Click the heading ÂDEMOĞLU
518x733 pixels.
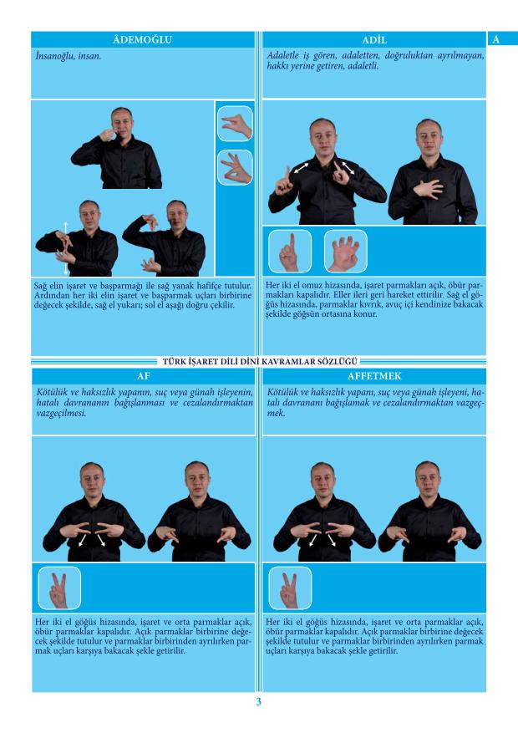pyautogui.click(x=143, y=40)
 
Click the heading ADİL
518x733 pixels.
pyautogui.click(x=374, y=40)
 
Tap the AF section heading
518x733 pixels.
pyautogui.click(x=144, y=376)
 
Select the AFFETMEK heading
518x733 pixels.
pyautogui.click(x=374, y=376)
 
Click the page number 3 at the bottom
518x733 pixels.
pyautogui.click(x=259, y=702)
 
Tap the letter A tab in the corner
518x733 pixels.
pyautogui.click(x=496, y=39)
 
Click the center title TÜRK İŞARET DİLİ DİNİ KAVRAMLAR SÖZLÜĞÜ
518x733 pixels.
pyautogui.click(x=260, y=361)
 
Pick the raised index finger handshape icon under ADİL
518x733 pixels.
pyautogui.click(x=290, y=252)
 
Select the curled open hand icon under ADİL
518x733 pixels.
pyautogui.click(x=346, y=252)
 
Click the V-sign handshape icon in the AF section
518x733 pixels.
pyautogui.click(x=59, y=588)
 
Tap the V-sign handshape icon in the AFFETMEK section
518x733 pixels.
pyautogui.click(x=290, y=588)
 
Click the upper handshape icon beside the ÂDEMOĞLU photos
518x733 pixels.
pyautogui.click(x=235, y=124)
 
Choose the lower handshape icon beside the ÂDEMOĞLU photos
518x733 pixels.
pyautogui.click(x=235, y=167)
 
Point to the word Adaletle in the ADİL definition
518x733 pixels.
pyautogui.click(x=282, y=56)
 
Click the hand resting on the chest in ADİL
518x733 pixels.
pyautogui.click(x=428, y=189)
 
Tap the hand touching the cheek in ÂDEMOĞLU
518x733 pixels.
pyautogui.click(x=108, y=135)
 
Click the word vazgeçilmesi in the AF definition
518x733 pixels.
pyautogui.click(x=61, y=413)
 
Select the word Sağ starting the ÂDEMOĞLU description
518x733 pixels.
pyautogui.click(x=40, y=286)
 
